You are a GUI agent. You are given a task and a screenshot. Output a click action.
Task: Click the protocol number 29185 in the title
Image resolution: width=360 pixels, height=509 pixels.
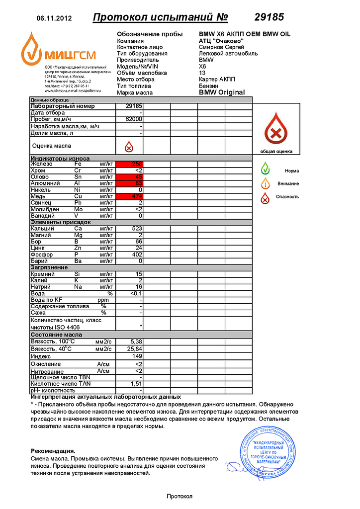click(x=269, y=17)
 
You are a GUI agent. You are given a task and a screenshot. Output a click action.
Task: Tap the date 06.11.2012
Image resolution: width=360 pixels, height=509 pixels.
click(x=54, y=18)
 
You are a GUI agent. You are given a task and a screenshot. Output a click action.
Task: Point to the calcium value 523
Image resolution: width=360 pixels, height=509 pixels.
click(x=135, y=229)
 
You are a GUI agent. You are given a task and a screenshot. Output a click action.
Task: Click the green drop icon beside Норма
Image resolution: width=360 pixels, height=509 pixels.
click(x=266, y=169)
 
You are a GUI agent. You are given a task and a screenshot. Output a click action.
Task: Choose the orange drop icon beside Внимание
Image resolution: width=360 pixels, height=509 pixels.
click(x=266, y=183)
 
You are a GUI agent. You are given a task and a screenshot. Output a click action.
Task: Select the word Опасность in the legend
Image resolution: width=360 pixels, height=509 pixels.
click(x=287, y=197)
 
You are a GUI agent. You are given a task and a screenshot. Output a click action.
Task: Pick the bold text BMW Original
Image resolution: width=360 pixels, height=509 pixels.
click(x=222, y=92)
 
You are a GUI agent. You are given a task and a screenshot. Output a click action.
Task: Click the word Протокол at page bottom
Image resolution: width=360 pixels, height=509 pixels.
click(x=179, y=497)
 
